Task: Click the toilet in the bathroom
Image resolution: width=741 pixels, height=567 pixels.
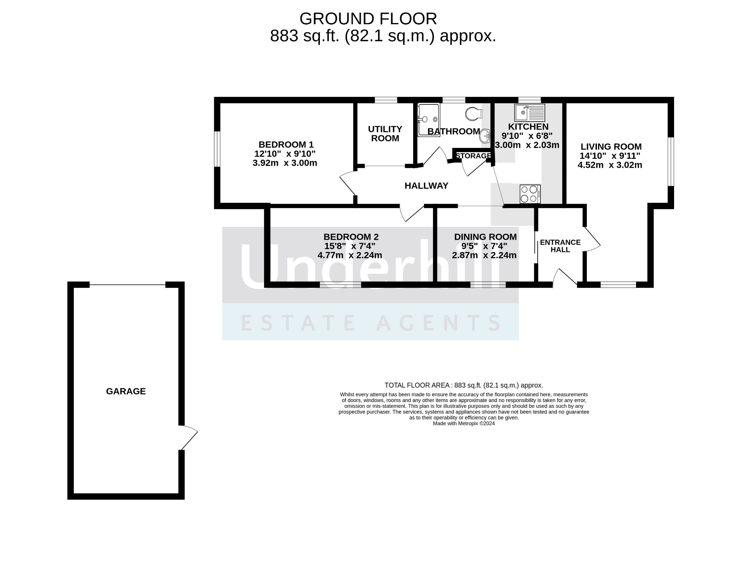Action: coord(474,114)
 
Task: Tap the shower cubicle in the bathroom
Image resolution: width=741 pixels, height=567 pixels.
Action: coord(429,120)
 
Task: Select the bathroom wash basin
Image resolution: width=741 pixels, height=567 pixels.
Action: coord(485,136)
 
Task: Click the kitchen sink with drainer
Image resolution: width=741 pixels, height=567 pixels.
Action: coord(530,112)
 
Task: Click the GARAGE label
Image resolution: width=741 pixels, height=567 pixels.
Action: coord(126,391)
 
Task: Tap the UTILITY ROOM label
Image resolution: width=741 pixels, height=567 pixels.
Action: coord(385,134)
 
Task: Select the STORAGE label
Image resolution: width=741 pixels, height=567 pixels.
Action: coord(473,156)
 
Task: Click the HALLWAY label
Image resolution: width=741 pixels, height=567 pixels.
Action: coord(426,186)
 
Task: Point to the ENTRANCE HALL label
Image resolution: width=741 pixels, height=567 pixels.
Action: coord(560,246)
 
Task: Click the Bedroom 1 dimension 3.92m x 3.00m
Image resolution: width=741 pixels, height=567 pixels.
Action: coord(285,163)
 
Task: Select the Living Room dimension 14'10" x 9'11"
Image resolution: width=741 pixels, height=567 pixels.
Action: coord(610,156)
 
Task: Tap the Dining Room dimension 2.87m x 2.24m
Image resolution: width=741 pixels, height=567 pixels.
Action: coord(484,255)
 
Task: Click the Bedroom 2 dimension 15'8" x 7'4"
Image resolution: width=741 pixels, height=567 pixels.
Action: coord(350,246)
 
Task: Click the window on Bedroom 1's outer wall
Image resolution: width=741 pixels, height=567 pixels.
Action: coord(217,149)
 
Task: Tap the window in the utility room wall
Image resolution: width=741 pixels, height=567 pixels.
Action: coord(386,100)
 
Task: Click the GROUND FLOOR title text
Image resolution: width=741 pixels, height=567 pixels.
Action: coord(368,18)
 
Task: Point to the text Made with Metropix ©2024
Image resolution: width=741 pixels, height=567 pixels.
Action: coord(463,423)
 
